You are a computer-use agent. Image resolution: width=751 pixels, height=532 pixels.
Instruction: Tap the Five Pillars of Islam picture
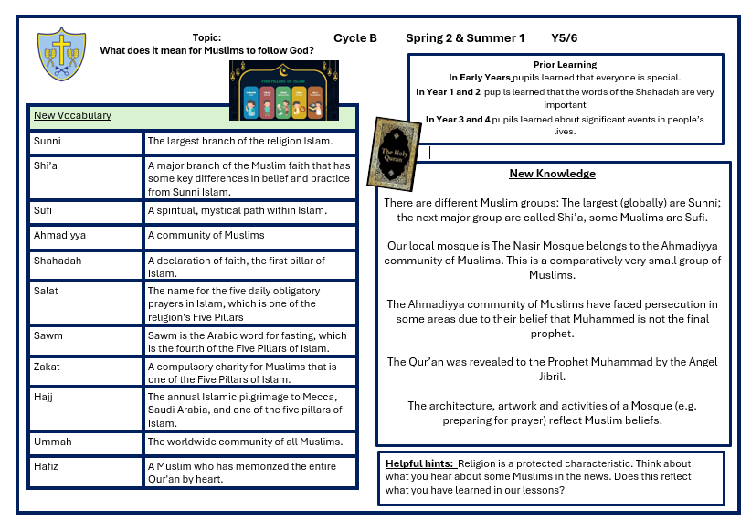tap(283, 90)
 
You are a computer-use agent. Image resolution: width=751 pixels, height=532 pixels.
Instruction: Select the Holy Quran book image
tap(393, 152)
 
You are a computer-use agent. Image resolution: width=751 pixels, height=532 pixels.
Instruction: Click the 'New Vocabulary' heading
tap(72, 116)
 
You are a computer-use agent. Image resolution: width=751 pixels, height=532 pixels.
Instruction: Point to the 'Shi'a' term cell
tap(46, 166)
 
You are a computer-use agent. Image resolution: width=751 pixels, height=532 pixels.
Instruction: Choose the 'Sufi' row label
tap(44, 211)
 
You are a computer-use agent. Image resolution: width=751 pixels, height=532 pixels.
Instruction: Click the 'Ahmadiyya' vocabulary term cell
tap(59, 236)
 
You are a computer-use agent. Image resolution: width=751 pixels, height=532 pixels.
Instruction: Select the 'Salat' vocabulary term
tap(46, 292)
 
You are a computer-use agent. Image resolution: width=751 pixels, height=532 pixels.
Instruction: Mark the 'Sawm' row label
tap(48, 336)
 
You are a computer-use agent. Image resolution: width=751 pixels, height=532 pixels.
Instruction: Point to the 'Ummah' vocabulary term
tap(52, 442)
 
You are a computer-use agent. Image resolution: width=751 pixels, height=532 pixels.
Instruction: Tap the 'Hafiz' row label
tap(47, 467)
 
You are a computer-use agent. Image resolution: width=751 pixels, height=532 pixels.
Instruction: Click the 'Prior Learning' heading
tap(565, 65)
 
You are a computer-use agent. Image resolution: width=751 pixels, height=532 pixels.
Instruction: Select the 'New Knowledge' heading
tap(552, 174)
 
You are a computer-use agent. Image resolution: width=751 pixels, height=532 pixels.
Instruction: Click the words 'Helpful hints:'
tap(419, 463)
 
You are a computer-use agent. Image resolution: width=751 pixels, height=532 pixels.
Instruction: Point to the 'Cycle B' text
tap(355, 38)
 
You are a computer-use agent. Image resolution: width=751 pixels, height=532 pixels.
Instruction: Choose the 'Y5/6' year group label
tap(564, 38)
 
